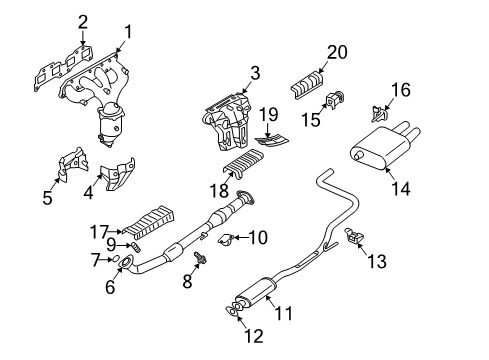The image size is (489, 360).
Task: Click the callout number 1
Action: click(128, 33)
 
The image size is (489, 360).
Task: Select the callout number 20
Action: click(337, 52)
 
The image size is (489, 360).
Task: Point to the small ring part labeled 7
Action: click(115, 259)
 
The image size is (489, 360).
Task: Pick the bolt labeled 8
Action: click(200, 258)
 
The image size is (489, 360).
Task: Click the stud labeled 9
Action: click(137, 247)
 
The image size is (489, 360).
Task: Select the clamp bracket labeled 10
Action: click(225, 239)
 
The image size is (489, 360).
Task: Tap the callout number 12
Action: click(254, 336)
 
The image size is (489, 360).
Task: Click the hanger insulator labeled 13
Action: click(354, 236)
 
